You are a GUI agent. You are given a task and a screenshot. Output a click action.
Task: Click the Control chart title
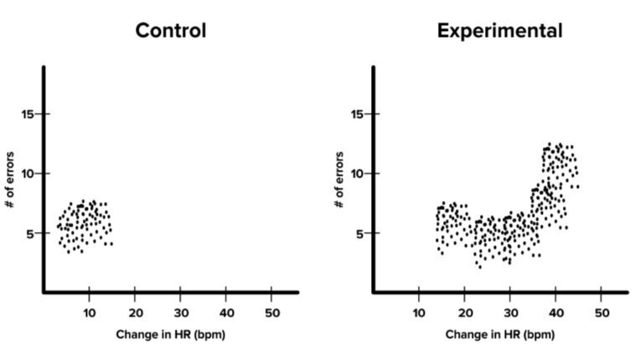(171, 32)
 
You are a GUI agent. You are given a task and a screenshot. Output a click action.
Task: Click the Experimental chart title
(499, 32)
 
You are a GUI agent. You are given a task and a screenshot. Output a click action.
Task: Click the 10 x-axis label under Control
(90, 312)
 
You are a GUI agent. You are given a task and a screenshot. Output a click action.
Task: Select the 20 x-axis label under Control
(135, 312)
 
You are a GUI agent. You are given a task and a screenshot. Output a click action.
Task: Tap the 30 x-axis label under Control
(180, 312)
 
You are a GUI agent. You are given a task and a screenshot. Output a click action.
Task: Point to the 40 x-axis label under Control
(225, 312)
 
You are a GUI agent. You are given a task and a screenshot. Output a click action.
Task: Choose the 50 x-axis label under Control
(271, 312)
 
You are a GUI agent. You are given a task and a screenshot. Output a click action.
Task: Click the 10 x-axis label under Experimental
(419, 312)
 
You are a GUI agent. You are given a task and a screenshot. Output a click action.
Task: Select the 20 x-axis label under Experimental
(464, 312)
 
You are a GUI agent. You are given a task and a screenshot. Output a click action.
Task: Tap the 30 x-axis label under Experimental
(509, 312)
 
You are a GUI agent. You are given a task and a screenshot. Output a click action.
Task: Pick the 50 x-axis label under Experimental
(601, 312)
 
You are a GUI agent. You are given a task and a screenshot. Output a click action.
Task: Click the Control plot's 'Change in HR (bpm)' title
(171, 335)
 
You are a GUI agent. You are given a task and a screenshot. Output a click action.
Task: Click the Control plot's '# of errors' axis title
(11, 180)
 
